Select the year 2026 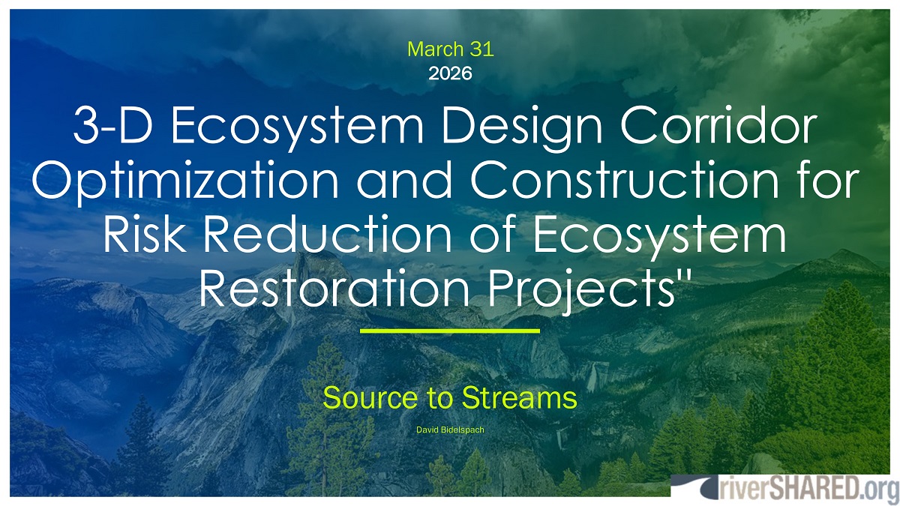pos(450,73)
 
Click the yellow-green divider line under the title pos(450,330)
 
